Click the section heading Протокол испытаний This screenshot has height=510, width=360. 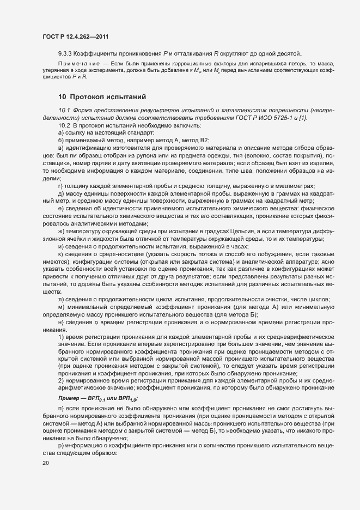click(102, 98)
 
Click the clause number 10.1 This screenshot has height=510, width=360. click(64, 111)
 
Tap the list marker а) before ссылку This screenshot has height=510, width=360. click(60, 133)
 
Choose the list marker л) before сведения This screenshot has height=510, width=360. click(60, 300)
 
